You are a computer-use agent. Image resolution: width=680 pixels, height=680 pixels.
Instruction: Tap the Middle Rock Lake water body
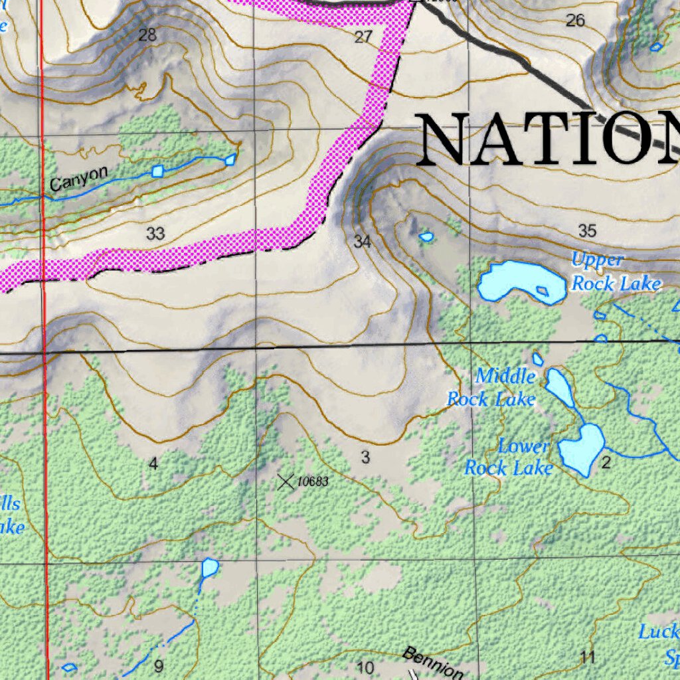[559, 386]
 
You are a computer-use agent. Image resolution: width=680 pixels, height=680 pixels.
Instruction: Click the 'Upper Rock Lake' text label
[615, 272]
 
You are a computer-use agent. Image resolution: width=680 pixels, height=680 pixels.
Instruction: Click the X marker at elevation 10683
[286, 481]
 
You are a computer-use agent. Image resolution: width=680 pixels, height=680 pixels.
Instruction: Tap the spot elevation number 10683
[312, 481]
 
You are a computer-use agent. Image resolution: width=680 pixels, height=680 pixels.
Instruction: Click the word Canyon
[78, 179]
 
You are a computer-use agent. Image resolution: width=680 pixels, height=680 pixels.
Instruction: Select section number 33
[155, 234]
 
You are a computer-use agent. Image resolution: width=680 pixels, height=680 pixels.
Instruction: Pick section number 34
[362, 242]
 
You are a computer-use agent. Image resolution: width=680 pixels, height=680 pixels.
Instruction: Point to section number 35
[587, 231]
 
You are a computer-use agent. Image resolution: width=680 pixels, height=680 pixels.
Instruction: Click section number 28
[147, 35]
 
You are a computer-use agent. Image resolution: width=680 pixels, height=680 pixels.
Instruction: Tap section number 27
[363, 37]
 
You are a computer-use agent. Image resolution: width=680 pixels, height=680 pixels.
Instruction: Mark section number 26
[575, 21]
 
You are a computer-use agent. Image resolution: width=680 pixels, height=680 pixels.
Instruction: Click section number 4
[153, 464]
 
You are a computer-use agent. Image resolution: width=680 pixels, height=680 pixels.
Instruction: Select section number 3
[365, 457]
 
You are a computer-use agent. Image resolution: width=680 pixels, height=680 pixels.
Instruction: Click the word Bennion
[432, 662]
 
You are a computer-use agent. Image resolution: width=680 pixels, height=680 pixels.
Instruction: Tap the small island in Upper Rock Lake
[543, 291]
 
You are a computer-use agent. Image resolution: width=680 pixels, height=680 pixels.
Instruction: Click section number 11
[587, 658]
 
